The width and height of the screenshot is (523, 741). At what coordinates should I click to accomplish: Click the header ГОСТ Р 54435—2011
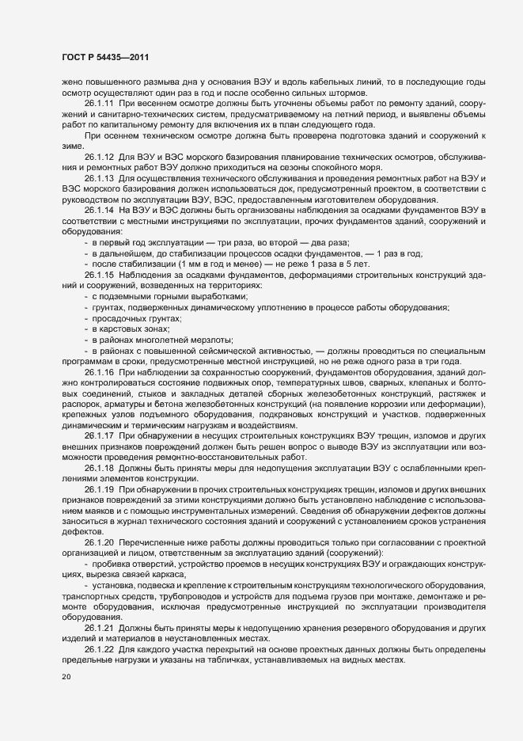(x=105, y=58)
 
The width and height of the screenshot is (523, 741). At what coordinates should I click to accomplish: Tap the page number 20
(x=66, y=677)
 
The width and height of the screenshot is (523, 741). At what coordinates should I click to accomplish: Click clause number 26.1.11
(x=100, y=104)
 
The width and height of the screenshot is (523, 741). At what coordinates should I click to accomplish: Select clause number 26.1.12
(x=100, y=156)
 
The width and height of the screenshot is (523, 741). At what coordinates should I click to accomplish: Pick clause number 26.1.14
(x=100, y=209)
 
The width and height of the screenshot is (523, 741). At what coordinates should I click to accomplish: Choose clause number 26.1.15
(x=100, y=273)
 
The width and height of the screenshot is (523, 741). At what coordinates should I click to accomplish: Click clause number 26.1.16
(x=100, y=371)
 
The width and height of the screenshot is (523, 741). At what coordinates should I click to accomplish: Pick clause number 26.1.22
(x=100, y=649)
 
